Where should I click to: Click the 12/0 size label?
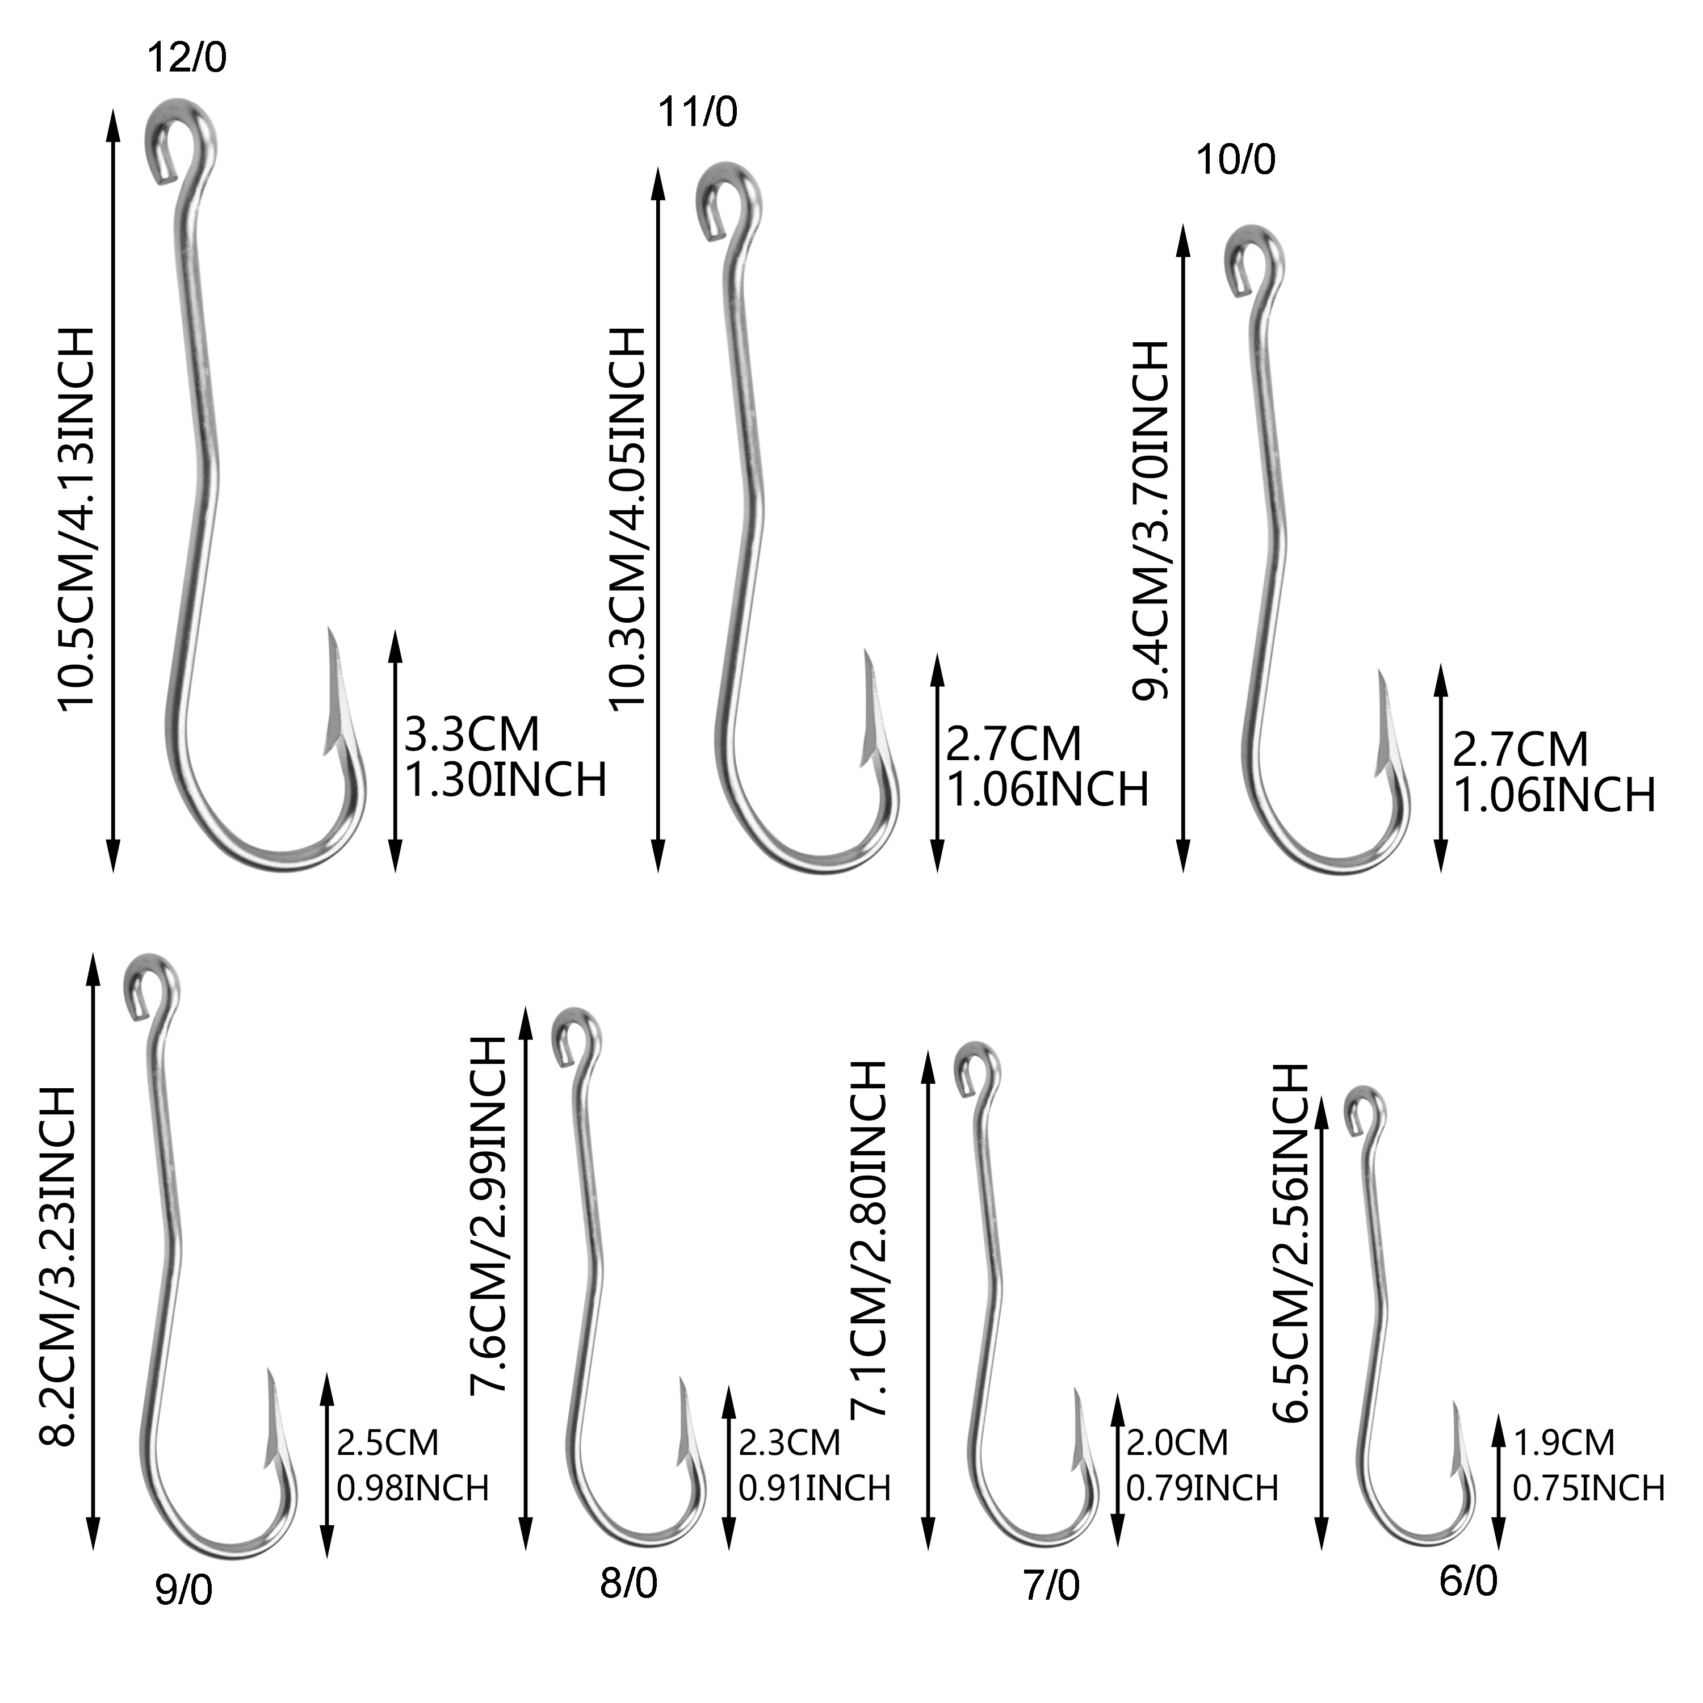(186, 58)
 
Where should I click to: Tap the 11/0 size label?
(697, 113)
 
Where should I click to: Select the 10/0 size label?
(1235, 161)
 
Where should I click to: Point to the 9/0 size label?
(184, 1590)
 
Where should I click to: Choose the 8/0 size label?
(628, 1583)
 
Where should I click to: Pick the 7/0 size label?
(1051, 1585)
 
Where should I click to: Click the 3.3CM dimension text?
(472, 734)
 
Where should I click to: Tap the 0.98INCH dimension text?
(413, 1488)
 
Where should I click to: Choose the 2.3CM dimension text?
(789, 1442)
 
